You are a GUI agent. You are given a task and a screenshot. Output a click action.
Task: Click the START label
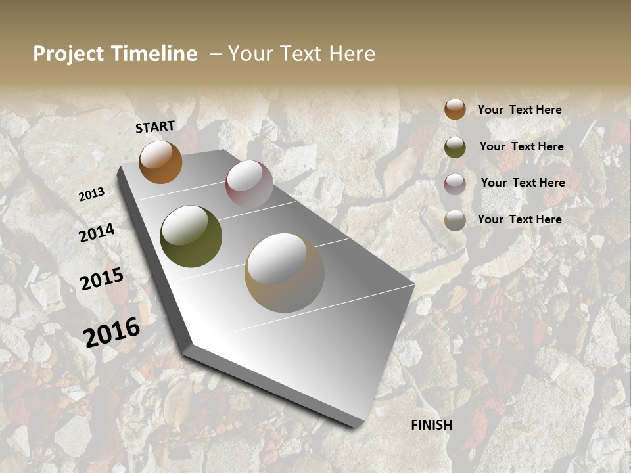(155, 127)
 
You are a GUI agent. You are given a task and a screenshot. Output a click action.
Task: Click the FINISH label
(432, 425)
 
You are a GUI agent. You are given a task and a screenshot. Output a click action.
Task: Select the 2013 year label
(92, 194)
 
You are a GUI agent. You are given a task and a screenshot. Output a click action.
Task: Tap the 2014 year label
(97, 233)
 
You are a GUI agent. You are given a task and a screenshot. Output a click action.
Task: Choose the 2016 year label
(112, 332)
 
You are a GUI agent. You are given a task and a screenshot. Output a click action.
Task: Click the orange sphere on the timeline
(160, 162)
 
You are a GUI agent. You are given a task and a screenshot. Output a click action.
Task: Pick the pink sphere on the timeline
(249, 183)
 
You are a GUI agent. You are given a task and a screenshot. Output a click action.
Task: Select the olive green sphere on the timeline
(191, 236)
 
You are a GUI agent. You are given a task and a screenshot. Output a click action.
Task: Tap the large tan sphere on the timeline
(285, 273)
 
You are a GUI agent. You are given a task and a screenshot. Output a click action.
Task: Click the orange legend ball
(455, 109)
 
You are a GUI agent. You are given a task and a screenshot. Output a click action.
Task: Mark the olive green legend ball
(455, 147)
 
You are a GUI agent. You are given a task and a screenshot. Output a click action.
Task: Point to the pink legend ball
(455, 184)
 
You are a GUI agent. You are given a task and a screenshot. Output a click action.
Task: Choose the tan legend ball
(455, 221)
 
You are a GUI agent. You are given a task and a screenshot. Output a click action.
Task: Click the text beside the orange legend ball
(519, 110)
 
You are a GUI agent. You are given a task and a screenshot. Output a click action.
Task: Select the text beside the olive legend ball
(521, 146)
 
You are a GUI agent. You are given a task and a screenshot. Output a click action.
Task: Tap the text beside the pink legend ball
(523, 183)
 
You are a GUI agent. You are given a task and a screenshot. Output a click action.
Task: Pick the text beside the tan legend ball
(519, 219)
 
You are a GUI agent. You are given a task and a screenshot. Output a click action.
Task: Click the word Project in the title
(68, 54)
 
